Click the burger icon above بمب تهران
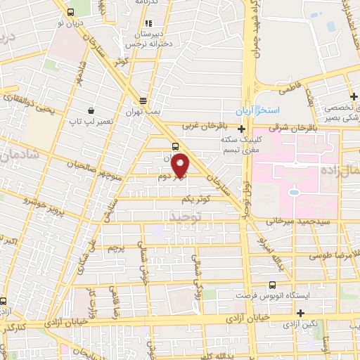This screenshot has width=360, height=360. click(143, 101)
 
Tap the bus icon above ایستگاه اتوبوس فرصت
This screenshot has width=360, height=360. click(272, 285)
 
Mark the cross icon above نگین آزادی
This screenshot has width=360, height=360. click(300, 313)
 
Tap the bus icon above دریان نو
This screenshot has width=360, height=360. click(70, 13)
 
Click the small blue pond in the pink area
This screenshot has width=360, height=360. click(294, 191)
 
